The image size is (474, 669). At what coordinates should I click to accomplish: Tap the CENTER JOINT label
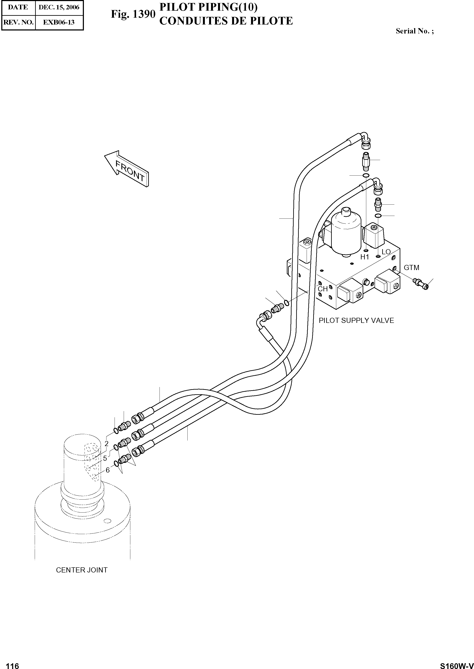(x=82, y=570)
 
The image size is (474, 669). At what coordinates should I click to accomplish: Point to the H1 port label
(x=365, y=257)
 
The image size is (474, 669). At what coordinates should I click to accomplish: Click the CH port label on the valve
(x=323, y=289)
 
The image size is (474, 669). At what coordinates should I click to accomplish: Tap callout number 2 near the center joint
(x=106, y=444)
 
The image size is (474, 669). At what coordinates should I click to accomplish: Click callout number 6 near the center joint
(x=107, y=470)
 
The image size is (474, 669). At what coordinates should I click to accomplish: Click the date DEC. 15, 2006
(x=59, y=7)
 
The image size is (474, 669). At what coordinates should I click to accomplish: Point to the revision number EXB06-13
(x=59, y=22)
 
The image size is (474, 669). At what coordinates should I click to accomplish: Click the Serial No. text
(x=414, y=31)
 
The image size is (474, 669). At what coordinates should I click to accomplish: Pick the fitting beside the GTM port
(x=420, y=283)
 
